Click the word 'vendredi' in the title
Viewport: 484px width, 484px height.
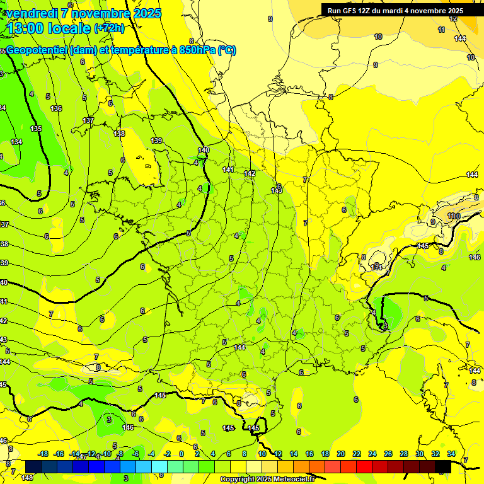[32, 13]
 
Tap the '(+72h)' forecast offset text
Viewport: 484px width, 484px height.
[109, 28]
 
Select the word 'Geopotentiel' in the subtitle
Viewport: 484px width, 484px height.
[37, 50]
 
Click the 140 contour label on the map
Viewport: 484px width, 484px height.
[203, 150]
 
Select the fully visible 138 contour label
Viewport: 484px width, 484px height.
[119, 134]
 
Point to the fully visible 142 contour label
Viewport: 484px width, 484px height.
[250, 173]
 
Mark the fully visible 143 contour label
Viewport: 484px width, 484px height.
[276, 190]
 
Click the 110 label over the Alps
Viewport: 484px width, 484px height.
[453, 216]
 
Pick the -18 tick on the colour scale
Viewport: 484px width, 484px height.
[43, 454]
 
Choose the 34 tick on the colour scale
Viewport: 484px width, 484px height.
[451, 454]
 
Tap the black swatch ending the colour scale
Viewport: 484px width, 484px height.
[443, 466]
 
